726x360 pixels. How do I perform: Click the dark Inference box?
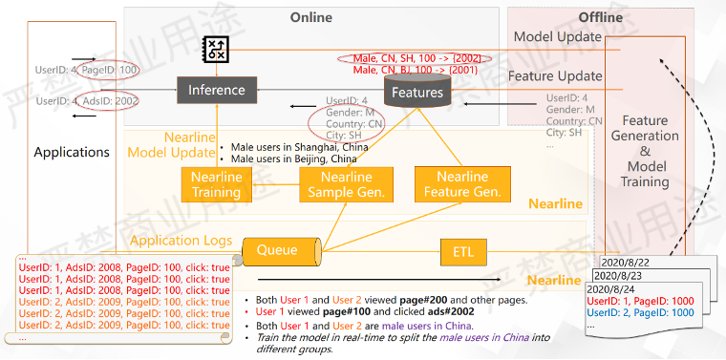click(x=216, y=90)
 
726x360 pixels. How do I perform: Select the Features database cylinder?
click(x=418, y=92)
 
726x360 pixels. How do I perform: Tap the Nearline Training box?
click(x=217, y=185)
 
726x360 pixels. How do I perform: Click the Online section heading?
click(x=310, y=17)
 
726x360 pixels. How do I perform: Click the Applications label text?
click(x=72, y=152)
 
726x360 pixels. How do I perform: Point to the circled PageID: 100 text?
click(x=110, y=70)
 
